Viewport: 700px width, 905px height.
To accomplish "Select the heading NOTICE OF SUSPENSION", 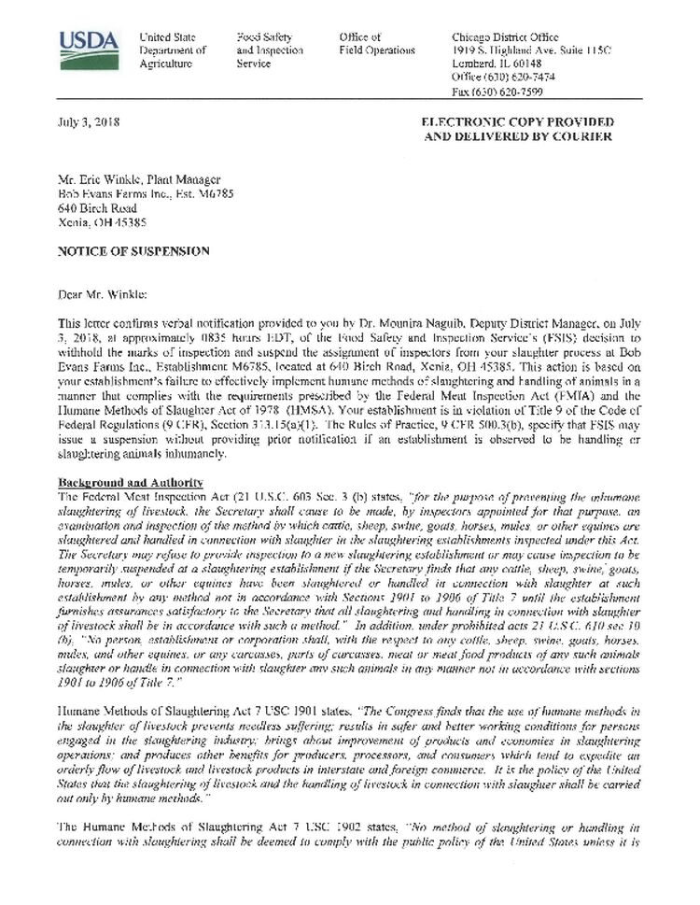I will pyautogui.click(x=134, y=251).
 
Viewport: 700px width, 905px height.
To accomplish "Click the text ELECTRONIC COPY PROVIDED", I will pyautogui.click(x=518, y=122).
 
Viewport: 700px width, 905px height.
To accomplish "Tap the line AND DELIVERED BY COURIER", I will pyautogui.click(x=518, y=136).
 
